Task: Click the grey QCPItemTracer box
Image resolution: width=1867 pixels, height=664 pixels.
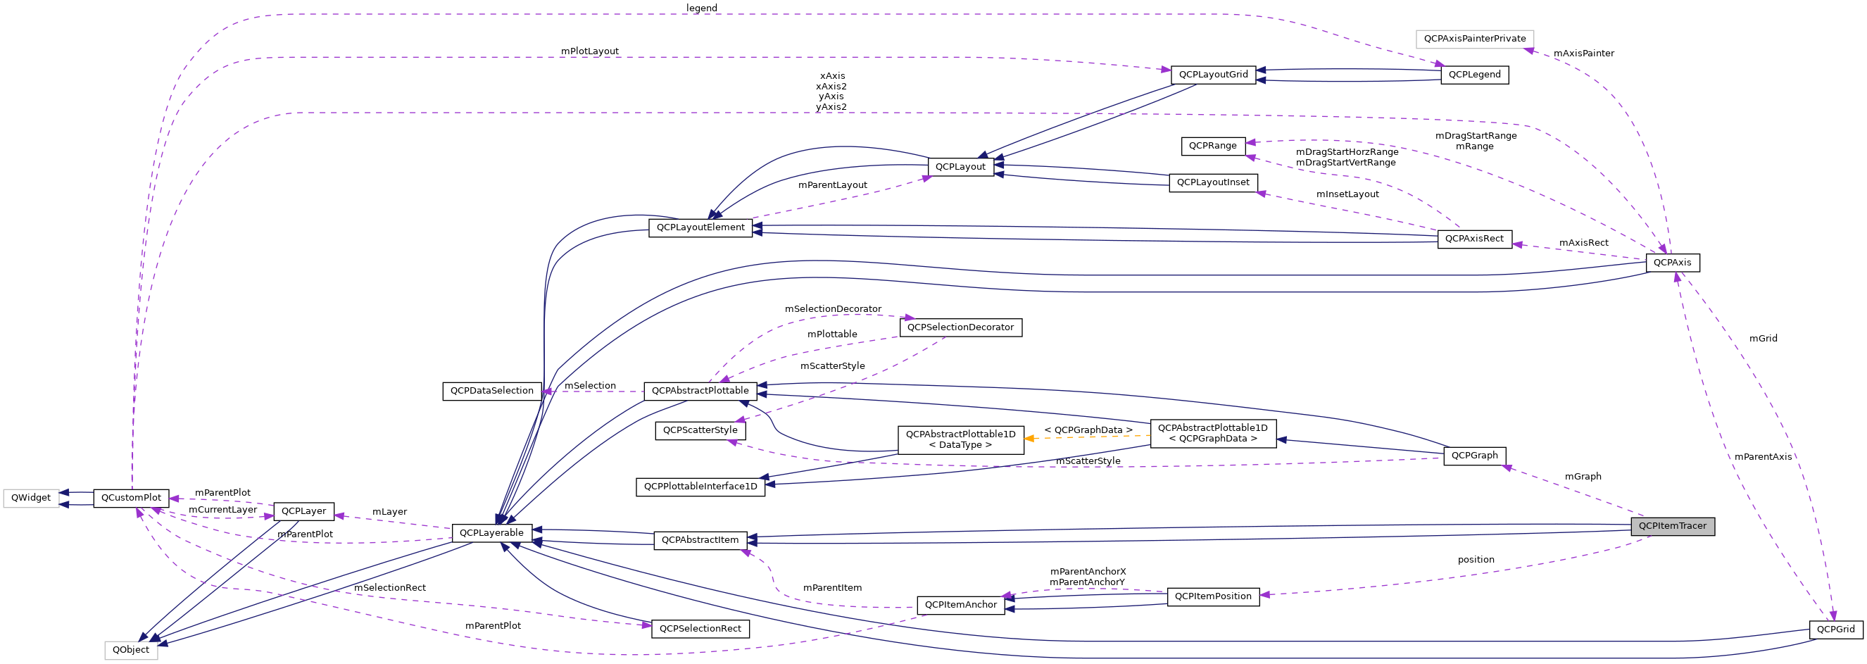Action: pos(1672,526)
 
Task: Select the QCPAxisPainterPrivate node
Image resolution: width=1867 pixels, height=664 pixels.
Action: pos(1474,39)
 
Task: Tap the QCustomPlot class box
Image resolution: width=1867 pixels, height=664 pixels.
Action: pos(131,498)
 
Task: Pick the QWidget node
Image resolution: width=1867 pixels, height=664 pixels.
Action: pos(31,498)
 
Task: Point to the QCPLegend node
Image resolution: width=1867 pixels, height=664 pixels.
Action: pos(1474,75)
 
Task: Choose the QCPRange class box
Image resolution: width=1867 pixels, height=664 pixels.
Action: pos(1212,146)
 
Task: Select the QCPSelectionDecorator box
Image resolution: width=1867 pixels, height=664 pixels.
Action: pos(960,327)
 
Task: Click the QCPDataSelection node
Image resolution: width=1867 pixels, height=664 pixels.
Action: pos(491,391)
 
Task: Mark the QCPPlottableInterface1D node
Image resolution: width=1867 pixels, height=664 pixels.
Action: pos(700,487)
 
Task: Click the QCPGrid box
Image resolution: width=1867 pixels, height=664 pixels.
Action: pos(1835,629)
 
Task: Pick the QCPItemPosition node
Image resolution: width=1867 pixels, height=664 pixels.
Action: pos(1212,596)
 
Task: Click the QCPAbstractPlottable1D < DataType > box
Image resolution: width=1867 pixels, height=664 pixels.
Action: pos(960,440)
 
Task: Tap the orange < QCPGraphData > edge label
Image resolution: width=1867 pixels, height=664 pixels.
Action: pos(1088,430)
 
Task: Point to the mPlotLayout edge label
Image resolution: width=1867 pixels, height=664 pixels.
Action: pos(589,51)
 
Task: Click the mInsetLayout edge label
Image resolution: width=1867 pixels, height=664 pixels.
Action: pos(1347,194)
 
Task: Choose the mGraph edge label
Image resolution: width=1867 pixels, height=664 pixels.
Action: pos(1583,477)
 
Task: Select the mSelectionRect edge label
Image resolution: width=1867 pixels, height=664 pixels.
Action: pos(390,588)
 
